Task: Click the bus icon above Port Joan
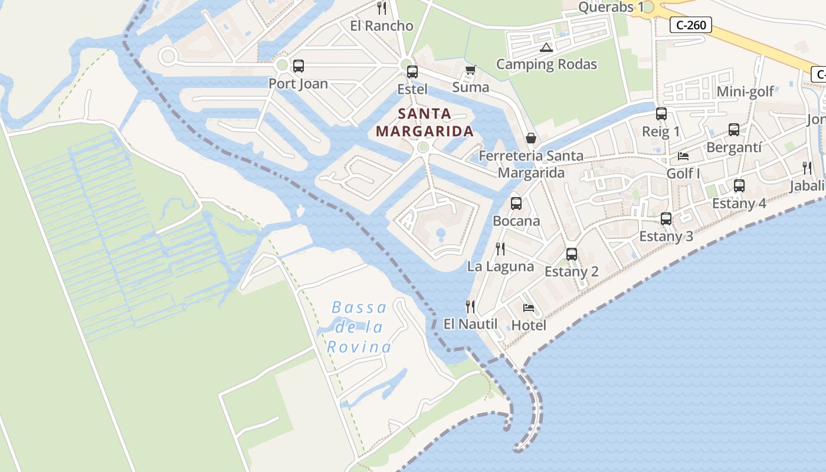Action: click(299, 66)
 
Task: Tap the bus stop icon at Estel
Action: click(412, 72)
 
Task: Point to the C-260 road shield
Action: click(691, 25)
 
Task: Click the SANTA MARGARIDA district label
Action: click(425, 122)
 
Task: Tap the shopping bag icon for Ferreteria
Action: click(531, 138)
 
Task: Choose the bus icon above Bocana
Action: click(516, 204)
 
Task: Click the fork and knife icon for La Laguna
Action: click(500, 248)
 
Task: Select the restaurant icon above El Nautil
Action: click(470, 306)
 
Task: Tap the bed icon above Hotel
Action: click(529, 307)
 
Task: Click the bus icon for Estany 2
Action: click(572, 254)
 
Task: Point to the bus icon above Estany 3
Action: click(666, 219)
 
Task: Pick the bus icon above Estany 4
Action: click(739, 186)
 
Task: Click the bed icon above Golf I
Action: click(683, 156)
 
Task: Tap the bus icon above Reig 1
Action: click(661, 114)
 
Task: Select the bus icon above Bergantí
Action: click(734, 130)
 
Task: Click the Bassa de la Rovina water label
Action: click(359, 327)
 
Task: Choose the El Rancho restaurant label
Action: click(382, 26)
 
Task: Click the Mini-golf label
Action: click(745, 91)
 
